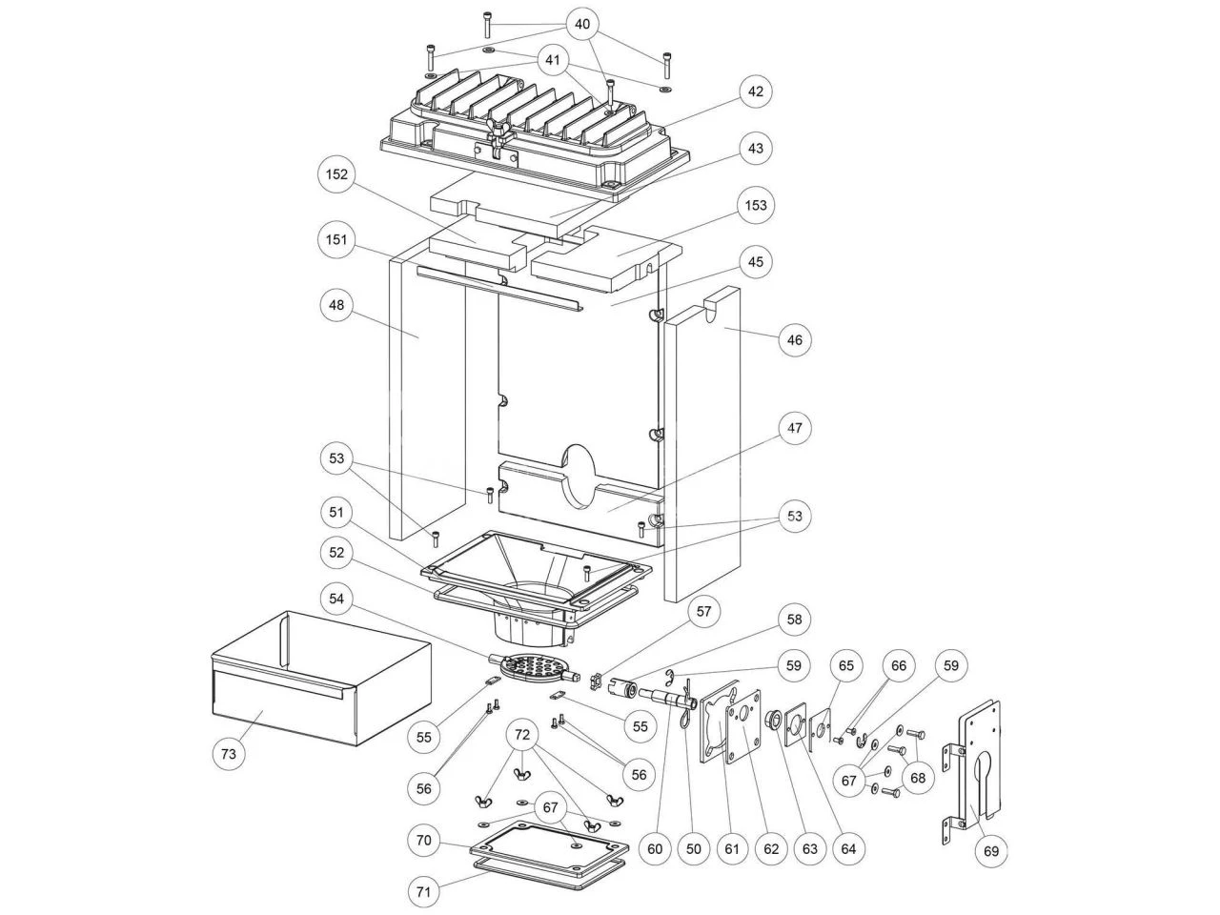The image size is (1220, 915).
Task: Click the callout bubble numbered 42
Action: (x=755, y=91)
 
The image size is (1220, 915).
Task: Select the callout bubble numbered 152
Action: (x=336, y=175)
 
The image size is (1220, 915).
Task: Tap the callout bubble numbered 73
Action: (x=228, y=753)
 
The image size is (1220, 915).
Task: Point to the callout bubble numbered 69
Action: (x=992, y=850)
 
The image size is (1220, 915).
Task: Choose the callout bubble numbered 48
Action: (x=336, y=305)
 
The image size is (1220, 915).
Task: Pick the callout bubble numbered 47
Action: (x=795, y=429)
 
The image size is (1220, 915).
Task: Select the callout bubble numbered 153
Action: (x=755, y=205)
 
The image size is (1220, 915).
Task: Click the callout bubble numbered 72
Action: (x=521, y=736)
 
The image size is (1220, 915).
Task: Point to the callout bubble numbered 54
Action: (x=336, y=599)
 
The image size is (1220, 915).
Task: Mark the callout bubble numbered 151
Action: (x=336, y=239)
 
